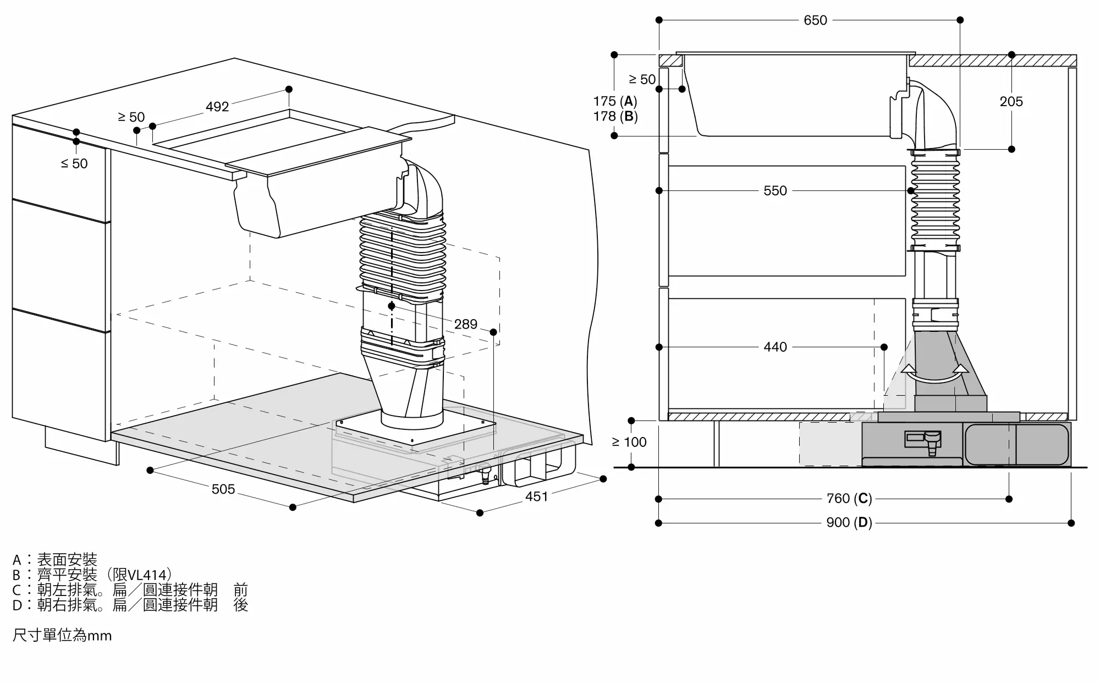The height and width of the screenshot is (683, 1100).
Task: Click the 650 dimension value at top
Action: point(815,20)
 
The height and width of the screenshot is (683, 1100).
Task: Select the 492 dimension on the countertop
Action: point(217,106)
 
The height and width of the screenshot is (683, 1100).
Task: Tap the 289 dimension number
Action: point(466,324)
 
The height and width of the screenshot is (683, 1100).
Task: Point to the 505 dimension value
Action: point(223,489)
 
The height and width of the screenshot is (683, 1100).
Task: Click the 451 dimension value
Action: point(537,496)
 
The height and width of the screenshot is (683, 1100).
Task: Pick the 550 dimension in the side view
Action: point(776,191)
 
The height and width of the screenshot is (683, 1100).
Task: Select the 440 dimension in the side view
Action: point(776,347)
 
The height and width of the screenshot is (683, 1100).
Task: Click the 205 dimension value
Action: point(1011,102)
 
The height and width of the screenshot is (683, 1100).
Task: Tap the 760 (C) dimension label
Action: point(849,499)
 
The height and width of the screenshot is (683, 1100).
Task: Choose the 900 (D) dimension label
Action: point(849,522)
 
